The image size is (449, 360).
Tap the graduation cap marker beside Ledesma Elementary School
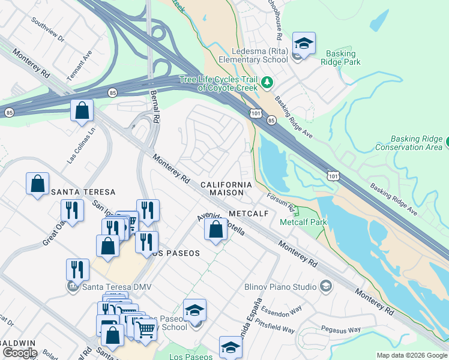point(304,44)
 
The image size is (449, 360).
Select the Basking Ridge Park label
point(340,58)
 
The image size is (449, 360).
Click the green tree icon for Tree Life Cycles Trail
point(267,82)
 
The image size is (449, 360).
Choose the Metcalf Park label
point(303,222)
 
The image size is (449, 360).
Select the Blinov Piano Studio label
point(280,287)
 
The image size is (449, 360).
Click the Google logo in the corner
point(19,353)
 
